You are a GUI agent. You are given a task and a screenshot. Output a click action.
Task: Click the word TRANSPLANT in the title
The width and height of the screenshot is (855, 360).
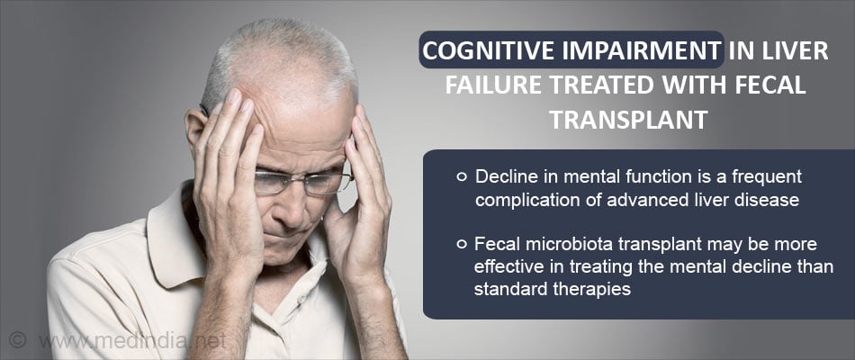tap(628, 121)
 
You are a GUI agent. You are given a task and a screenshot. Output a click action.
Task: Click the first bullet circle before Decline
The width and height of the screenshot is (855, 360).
tap(462, 176)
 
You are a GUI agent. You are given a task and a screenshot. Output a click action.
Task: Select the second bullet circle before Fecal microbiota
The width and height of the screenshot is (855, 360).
tap(462, 245)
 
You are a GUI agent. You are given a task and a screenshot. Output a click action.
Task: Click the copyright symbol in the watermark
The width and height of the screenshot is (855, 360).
tap(17, 340)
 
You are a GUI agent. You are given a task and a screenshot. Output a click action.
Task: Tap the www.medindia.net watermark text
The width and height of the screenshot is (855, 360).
tap(132, 341)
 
